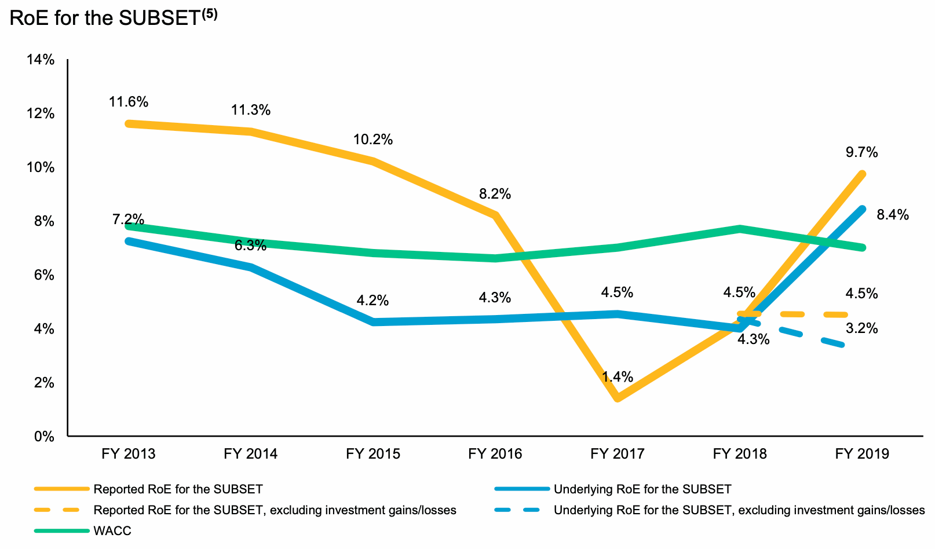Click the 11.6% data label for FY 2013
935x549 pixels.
pos(129,103)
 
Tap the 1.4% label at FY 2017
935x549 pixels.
pos(617,377)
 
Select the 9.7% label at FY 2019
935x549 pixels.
pos(861,153)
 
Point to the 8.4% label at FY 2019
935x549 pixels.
pos(893,215)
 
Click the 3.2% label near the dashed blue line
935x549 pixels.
pos(861,329)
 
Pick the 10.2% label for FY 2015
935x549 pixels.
pos(373,140)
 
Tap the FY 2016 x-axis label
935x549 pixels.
pos(495,454)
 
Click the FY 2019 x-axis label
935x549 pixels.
pos(862,454)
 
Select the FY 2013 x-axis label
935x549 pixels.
pos(129,454)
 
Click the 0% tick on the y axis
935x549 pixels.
pos(44,437)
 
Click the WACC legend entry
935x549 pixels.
pos(112,531)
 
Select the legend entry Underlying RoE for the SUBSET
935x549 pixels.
pos(642,489)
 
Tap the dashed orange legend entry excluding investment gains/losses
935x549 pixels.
pos(275,510)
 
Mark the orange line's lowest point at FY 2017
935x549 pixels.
pos(618,398)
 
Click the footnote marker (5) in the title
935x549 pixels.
pos(209,14)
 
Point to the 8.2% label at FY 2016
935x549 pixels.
pos(495,194)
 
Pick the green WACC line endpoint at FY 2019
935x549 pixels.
pos(863,247)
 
